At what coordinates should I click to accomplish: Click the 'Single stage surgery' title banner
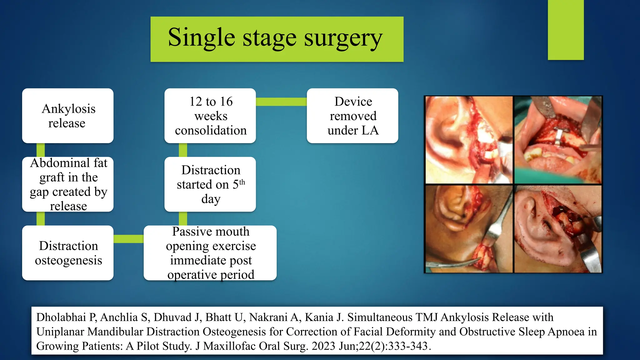coord(277,39)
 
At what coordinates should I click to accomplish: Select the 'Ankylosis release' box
coord(68,116)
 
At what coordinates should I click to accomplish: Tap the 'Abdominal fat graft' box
coord(68,184)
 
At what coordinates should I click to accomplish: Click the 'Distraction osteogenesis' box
coord(68,253)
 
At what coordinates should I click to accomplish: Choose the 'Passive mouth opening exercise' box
coord(210,253)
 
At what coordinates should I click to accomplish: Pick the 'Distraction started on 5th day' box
coord(210,184)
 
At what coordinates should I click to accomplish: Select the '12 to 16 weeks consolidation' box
coord(210,116)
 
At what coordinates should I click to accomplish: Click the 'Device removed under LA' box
coord(352,116)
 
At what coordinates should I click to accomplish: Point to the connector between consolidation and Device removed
coord(281,102)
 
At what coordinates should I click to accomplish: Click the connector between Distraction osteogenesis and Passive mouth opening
coord(128,239)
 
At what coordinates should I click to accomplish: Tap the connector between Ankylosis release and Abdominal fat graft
coord(41,150)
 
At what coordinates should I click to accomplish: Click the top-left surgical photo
coord(469,140)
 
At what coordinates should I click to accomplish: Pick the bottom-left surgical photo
coord(469,229)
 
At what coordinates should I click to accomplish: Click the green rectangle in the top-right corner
coord(566,30)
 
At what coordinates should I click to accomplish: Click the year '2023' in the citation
coord(323,346)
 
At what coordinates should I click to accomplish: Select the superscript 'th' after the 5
coord(242,182)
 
